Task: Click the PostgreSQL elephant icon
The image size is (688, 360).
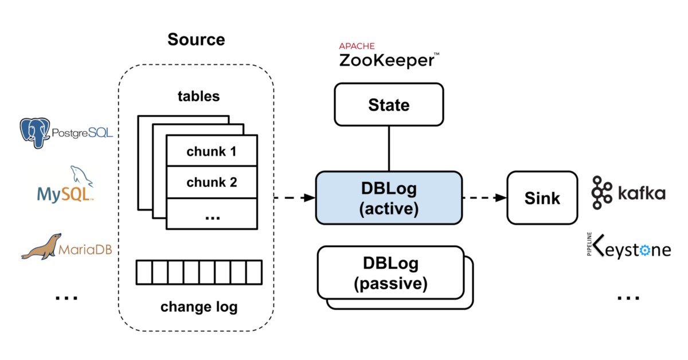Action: tap(35, 132)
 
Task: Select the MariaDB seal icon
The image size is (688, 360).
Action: tap(41, 246)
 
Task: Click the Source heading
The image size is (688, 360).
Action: tap(196, 40)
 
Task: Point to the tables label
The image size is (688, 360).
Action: tap(199, 96)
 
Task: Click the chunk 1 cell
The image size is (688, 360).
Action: tap(212, 151)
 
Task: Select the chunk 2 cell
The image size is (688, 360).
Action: tap(212, 182)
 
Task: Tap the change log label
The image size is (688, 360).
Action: tap(199, 307)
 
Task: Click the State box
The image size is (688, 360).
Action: tap(389, 104)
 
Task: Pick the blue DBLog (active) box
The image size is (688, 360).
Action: tap(389, 198)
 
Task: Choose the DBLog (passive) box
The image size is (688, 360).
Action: tap(390, 273)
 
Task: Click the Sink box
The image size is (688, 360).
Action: tap(542, 198)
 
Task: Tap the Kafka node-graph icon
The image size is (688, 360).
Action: tap(601, 193)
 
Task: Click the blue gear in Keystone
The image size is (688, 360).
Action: tap(644, 251)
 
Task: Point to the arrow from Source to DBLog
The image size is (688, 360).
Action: tap(295, 198)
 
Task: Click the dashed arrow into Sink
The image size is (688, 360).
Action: tap(485, 198)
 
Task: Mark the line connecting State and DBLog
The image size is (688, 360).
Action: tap(389, 148)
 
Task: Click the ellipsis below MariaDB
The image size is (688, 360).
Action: tap(67, 298)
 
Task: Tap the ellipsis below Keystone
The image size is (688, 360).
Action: tap(628, 298)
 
